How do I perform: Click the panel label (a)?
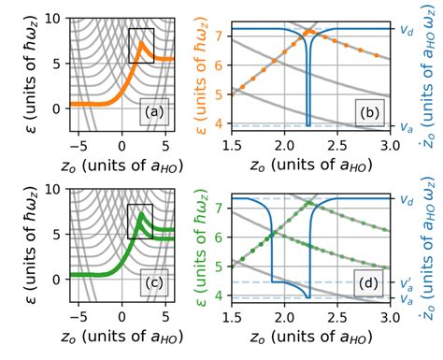coord(153,114)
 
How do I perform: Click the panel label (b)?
coord(369,114)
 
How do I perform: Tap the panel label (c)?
coord(153,284)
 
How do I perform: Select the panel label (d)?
coord(369,284)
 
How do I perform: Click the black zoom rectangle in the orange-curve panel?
coord(141,46)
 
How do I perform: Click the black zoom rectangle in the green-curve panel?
coord(141,221)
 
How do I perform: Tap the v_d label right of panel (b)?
coord(405,29)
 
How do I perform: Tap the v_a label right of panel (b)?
coord(405,124)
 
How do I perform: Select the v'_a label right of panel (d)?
coord(405,280)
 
